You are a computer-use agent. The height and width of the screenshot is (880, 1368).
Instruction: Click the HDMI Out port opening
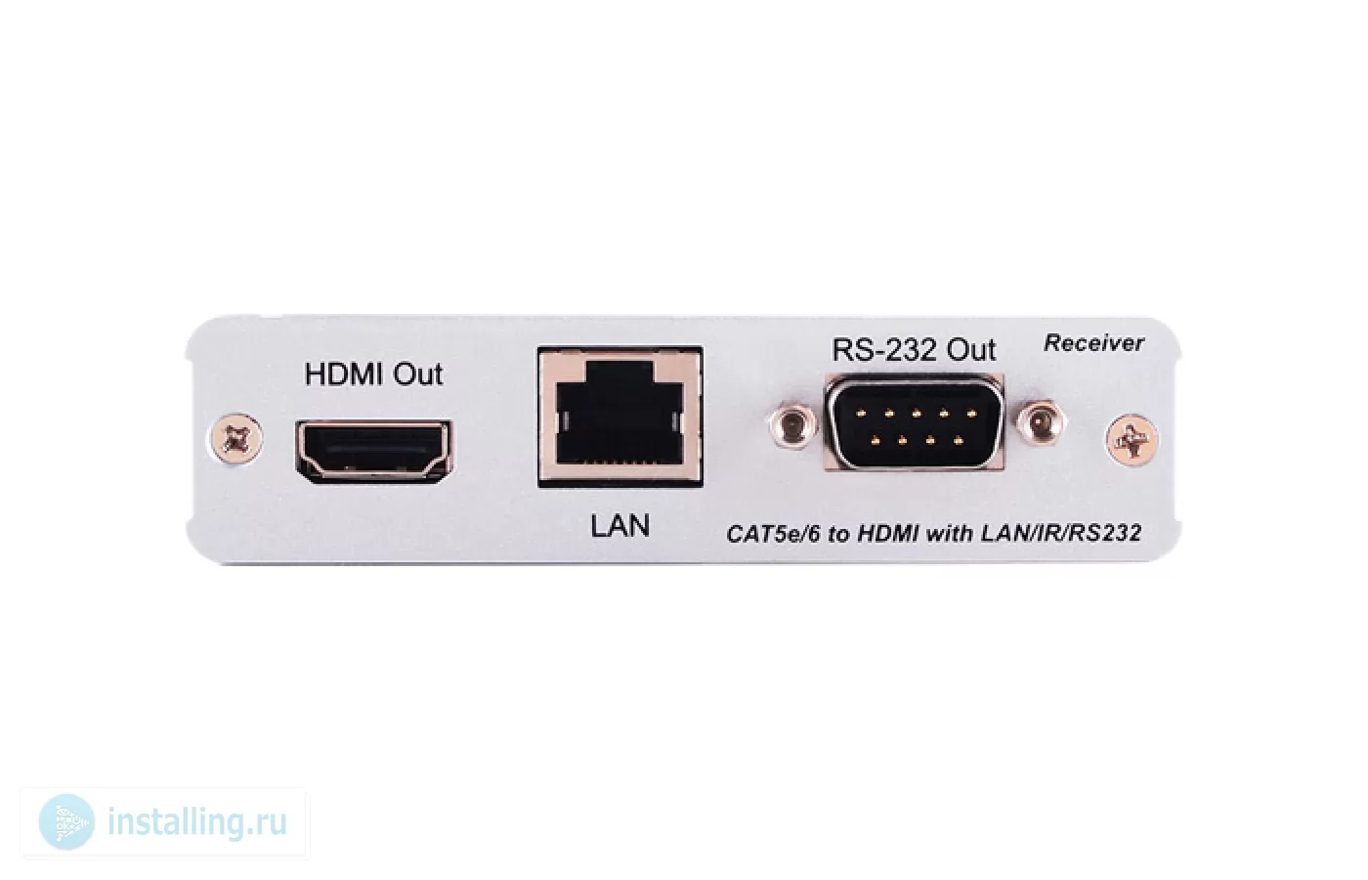pos(373,451)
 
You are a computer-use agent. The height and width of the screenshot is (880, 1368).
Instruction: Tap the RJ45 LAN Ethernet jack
pos(620,418)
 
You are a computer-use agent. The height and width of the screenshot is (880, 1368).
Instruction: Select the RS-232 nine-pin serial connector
pos(915,422)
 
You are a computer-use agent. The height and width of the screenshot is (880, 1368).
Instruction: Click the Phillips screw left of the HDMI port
pos(236,438)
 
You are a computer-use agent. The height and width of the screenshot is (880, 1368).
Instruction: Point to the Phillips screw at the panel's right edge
pos(1133,441)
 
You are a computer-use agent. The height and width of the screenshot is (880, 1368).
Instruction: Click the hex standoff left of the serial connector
pos(792,424)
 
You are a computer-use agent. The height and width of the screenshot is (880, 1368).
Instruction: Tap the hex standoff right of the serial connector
pos(1042,422)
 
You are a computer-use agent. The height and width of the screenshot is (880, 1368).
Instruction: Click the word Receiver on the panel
pos(1093,343)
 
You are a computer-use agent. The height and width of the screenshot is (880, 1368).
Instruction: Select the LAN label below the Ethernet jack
pos(620,526)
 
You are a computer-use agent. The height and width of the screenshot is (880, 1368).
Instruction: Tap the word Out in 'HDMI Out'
pos(418,374)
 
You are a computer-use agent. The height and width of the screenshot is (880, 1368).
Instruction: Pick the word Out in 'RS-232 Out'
pos(971,350)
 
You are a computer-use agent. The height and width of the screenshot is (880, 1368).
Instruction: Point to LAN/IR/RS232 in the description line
pos(1061,534)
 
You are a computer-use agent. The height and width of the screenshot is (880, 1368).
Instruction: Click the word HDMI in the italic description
pos(888,534)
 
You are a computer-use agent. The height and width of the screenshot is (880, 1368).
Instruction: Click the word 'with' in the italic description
pos(950,534)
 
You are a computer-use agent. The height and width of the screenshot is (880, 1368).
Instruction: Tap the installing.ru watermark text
pos(197,822)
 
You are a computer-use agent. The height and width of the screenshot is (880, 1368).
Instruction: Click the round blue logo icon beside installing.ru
pos(66,822)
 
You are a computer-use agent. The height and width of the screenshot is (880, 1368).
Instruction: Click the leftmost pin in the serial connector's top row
pos(861,414)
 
